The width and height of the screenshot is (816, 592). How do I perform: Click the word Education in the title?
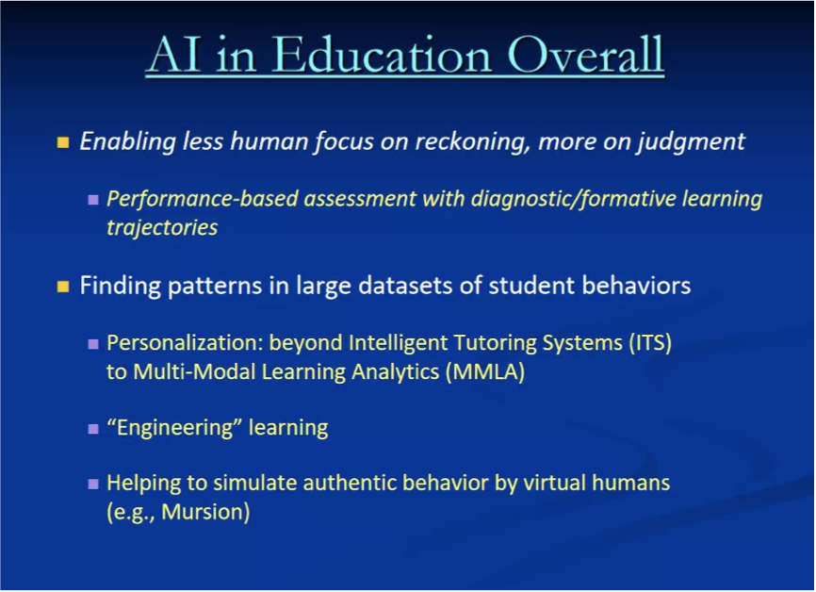point(382,55)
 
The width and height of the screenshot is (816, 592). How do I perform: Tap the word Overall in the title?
point(585,55)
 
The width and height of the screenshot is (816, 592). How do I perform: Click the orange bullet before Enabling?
point(63,142)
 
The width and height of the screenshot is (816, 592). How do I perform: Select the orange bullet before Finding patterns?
point(63,287)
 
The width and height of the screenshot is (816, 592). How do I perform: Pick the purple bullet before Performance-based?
point(93,200)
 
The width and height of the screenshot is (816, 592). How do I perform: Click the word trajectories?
point(162,228)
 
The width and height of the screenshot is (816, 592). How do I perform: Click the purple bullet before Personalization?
point(93,344)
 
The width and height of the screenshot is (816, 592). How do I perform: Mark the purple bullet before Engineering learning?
point(93,429)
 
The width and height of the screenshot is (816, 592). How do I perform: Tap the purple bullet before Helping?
point(93,485)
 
